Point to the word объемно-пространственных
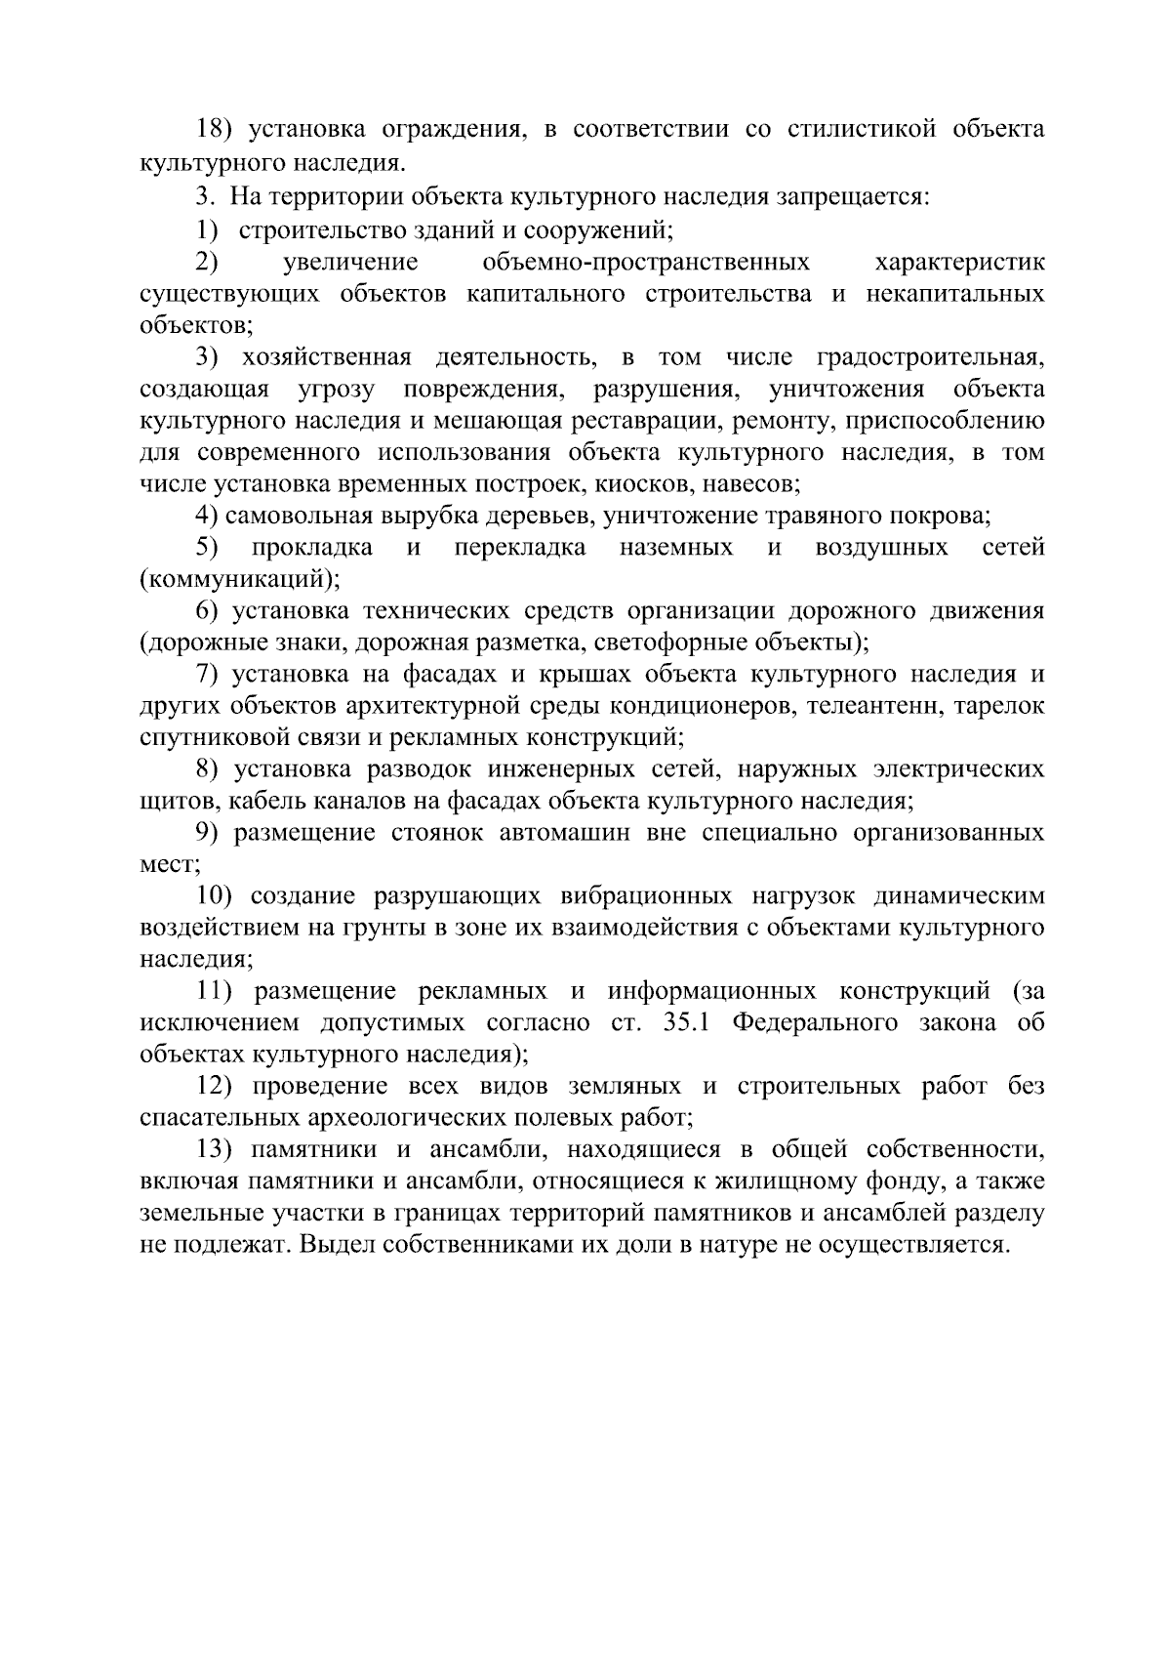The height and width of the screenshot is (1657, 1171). click(x=646, y=262)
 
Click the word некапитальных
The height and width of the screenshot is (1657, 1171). click(x=955, y=294)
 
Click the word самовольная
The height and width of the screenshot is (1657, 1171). click(x=305, y=516)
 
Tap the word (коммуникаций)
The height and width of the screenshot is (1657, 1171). click(x=240, y=579)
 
